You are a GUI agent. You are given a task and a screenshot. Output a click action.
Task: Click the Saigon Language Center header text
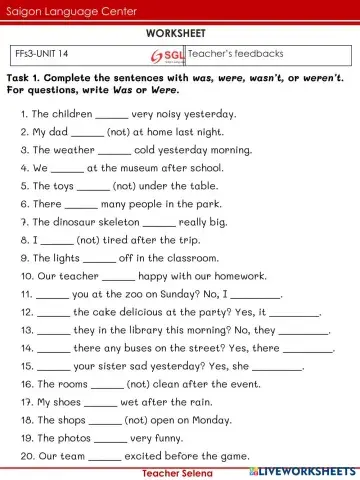[56, 10]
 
